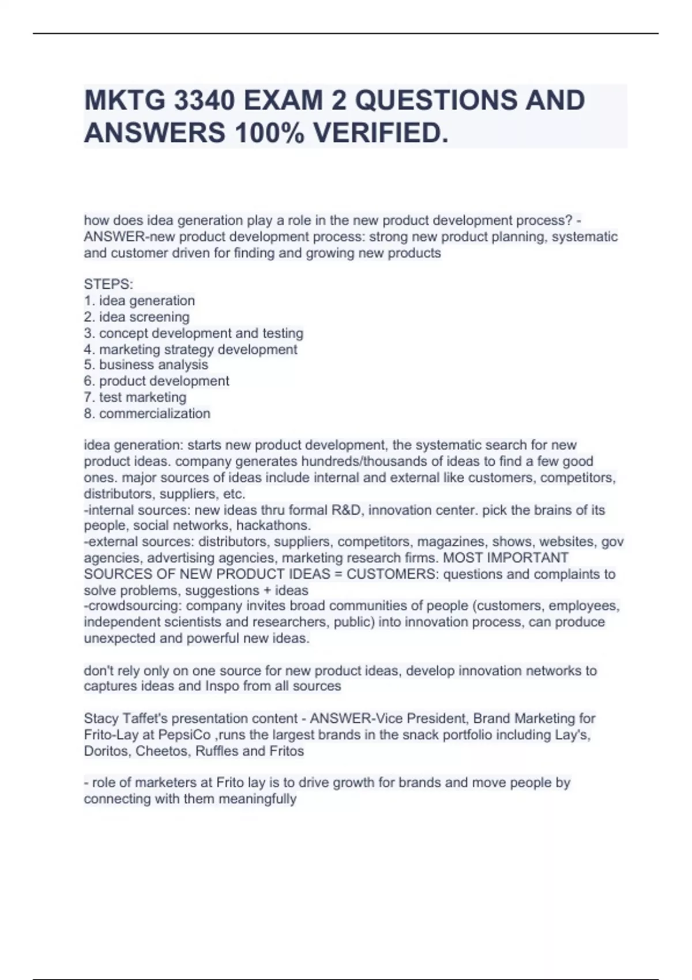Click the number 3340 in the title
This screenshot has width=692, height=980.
pyautogui.click(x=197, y=100)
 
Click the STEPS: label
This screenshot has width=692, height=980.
pyautogui.click(x=108, y=284)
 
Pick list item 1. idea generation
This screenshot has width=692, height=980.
pyautogui.click(x=140, y=301)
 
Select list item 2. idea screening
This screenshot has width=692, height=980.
pyautogui.click(x=137, y=317)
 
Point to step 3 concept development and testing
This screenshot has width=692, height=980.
pyautogui.click(x=194, y=333)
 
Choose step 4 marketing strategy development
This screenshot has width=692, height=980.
pyautogui.click(x=191, y=349)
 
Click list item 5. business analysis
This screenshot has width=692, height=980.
pyautogui.click(x=146, y=365)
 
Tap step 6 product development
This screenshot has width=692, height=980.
pyautogui.click(x=157, y=381)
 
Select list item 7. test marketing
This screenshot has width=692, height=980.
pyautogui.click(x=136, y=397)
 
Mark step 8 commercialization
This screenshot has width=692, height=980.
pyautogui.click(x=147, y=413)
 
